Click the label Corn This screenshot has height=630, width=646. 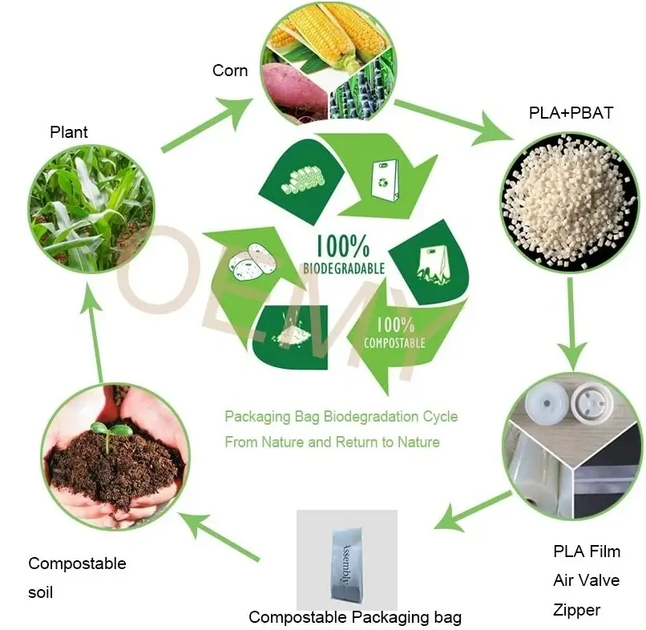coord(229,71)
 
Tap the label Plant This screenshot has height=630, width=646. coord(69,132)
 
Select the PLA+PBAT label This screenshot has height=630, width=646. coord(571,113)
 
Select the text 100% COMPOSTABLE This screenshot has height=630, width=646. coord(394,333)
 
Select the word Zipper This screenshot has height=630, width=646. coord(576,610)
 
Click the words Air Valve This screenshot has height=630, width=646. coord(586,580)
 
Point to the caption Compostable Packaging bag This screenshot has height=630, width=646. coord(355,617)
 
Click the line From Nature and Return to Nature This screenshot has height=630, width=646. coord(332,442)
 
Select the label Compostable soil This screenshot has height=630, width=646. coord(77,578)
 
